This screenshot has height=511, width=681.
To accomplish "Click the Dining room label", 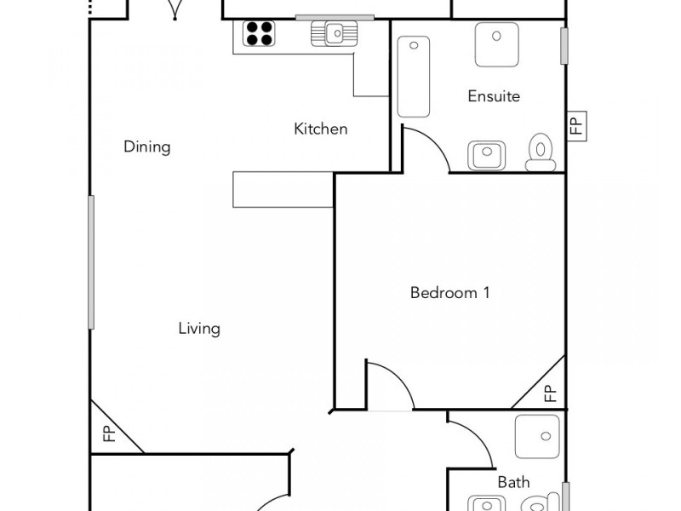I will coord(147,146).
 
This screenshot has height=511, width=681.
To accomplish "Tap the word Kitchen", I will coord(321,129).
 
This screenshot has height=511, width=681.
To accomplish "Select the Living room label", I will coord(199,328).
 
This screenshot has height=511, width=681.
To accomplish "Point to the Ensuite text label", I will coord(494,96).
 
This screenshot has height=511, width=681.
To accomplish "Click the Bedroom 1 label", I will coord(449,293).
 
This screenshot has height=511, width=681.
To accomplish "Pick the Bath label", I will coord(513,482).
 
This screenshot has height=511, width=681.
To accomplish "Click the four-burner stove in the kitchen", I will coord(260,33).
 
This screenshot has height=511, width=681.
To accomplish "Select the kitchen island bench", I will coord(283,189).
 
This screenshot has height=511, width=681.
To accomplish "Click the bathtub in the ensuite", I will coord(414,77).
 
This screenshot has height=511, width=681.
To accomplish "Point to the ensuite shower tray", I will coord(496,44).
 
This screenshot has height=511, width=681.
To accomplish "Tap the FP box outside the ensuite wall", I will coord(575,126).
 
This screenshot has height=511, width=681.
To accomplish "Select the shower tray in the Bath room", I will coord(537,437).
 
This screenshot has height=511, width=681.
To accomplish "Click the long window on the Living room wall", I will coord(90,262).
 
